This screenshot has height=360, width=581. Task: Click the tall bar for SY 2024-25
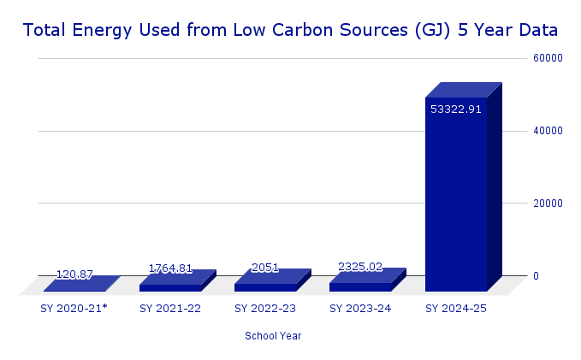(x=456, y=197)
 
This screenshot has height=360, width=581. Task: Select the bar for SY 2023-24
(x=360, y=286)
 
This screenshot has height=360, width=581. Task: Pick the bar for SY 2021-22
(x=170, y=287)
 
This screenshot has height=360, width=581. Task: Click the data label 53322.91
(x=456, y=109)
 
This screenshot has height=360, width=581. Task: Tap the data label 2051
(x=265, y=268)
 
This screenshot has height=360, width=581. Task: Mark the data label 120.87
(x=74, y=274)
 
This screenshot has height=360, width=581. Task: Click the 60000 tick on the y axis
(x=545, y=58)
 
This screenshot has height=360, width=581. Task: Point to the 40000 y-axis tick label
(x=545, y=131)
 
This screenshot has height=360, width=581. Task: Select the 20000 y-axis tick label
(x=545, y=204)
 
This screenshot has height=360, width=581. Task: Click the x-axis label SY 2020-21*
(x=74, y=308)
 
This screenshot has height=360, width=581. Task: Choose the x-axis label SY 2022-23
(x=265, y=308)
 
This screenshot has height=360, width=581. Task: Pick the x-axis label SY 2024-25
(x=456, y=308)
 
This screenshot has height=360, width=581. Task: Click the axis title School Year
(x=273, y=336)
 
